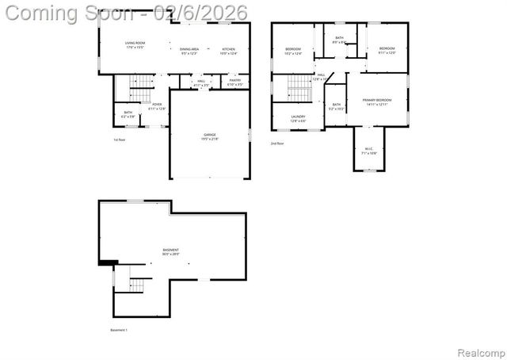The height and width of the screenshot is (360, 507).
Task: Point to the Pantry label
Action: pos(234,82)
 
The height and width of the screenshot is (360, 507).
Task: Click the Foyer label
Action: pos(157,106)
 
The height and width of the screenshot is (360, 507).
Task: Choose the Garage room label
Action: pos(210,136)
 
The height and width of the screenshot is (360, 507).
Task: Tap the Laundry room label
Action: pos(298,119)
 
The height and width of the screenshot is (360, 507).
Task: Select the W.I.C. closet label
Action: pos(369,151)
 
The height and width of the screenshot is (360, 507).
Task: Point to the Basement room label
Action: pos(170,252)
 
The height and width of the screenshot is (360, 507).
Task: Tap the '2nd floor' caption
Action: pos(277,144)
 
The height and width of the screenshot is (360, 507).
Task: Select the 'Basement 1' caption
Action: pos(118,329)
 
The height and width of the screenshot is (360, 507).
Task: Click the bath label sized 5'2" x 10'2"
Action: pos(337,106)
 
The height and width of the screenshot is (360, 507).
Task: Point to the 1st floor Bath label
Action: pos(128,114)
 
